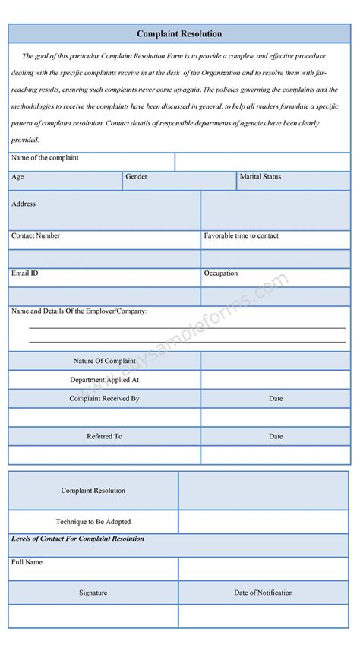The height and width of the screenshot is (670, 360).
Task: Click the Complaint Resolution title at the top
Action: tap(179, 34)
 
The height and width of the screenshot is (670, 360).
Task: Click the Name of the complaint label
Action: tap(45, 158)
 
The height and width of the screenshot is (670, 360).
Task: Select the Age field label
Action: tap(17, 176)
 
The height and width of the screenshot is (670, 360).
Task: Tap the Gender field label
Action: tap(137, 176)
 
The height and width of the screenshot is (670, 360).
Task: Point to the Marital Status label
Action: tap(260, 176)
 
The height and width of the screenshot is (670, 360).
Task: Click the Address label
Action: tap(24, 204)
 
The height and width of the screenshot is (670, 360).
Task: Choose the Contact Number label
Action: tap(36, 235)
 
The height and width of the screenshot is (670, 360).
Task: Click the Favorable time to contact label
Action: tap(241, 235)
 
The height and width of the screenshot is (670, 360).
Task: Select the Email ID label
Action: tap(25, 273)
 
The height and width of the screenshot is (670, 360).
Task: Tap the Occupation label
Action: tap(220, 273)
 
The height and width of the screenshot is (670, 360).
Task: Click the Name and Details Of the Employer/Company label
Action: tap(79, 311)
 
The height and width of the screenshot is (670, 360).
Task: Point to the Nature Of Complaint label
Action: tap(104, 360)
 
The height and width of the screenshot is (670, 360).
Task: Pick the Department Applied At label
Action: tap(104, 379)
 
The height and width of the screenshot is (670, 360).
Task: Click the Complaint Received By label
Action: tap(104, 398)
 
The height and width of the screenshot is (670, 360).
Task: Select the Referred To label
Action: tap(104, 436)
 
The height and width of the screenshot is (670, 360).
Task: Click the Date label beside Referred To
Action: tap(275, 436)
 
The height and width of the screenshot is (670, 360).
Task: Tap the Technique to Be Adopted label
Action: tap(93, 522)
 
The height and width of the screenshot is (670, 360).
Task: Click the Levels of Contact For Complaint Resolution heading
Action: tap(77, 539)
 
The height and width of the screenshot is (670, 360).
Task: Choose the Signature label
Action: tap(93, 593)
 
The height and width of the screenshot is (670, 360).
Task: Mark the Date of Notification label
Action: tap(263, 593)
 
